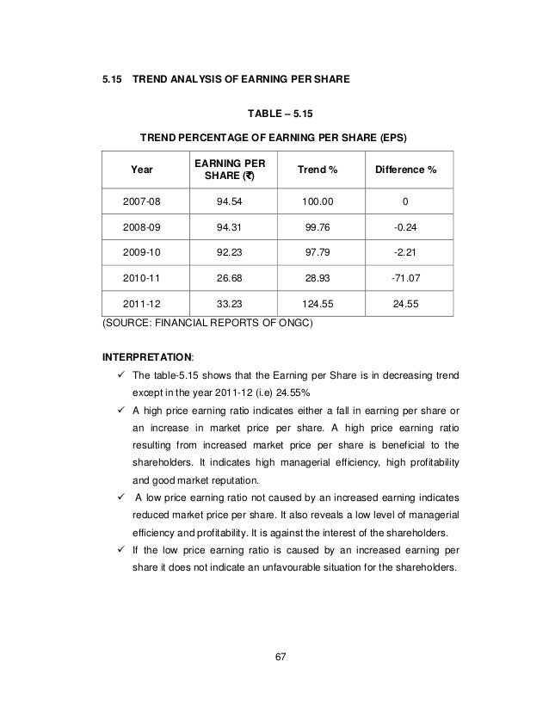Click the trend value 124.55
click(318, 303)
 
